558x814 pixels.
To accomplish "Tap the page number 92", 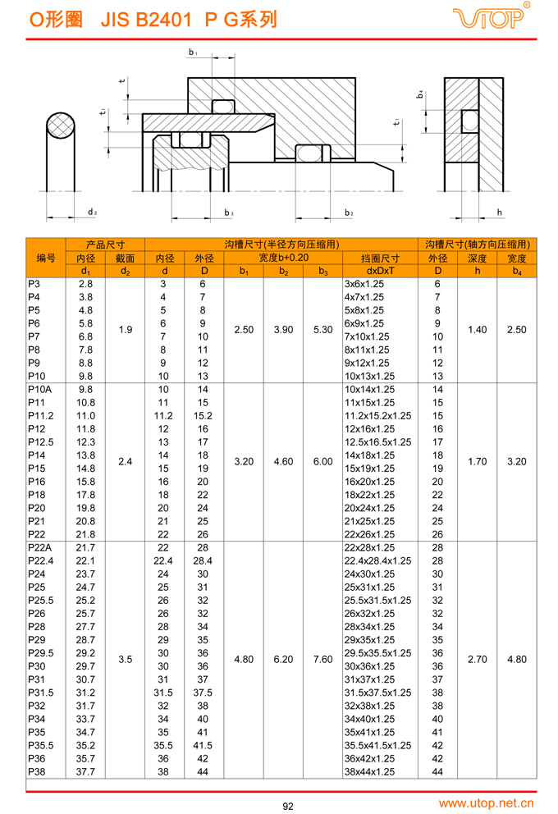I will pos(287,805).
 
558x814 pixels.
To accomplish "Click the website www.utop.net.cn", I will pos(487,803).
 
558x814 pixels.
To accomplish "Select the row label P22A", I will pos(39,547).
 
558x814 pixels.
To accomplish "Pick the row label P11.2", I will pos(40,416).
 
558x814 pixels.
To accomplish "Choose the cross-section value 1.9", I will pos(125,330).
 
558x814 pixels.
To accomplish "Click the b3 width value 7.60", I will pos(322,659).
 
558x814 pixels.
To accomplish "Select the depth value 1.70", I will pos(477,462).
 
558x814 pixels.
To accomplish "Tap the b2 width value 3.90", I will pos(283,330).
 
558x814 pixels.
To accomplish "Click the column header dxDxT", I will pos(380,271).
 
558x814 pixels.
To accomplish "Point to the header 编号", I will pos(46,258).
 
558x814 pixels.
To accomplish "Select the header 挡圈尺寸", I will pos(380,258).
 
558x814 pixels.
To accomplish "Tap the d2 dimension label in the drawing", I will pos(92,213).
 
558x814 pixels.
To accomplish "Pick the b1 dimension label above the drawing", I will pos(193,53).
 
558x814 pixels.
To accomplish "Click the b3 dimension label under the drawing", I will pos(229,213).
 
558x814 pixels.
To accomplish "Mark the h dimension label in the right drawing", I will pos(499,213).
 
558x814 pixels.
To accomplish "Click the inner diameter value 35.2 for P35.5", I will pos(85,745).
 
